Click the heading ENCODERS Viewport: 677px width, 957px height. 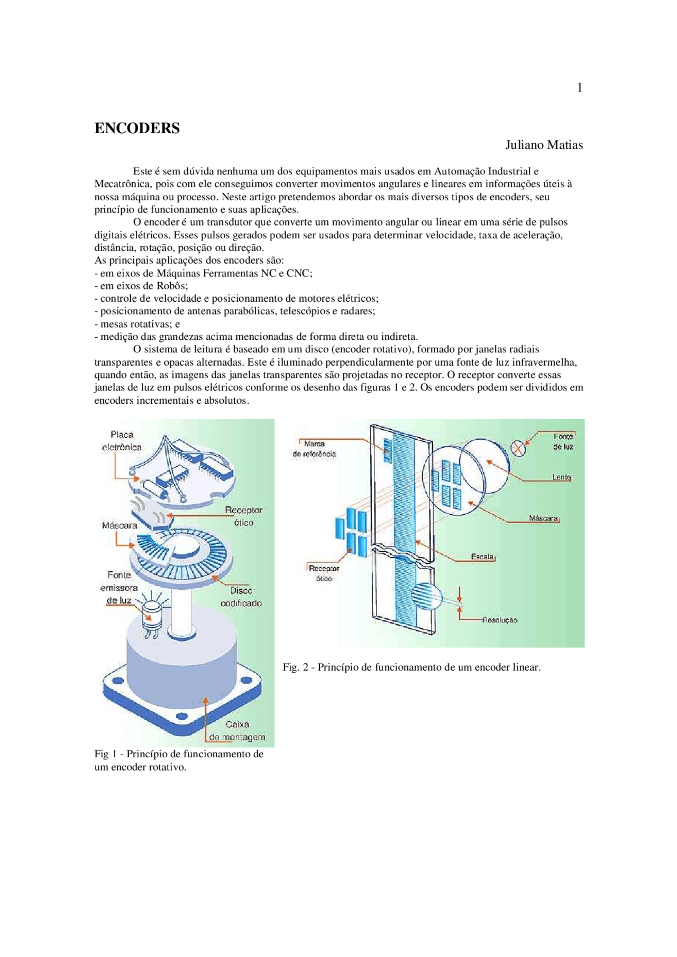(x=137, y=128)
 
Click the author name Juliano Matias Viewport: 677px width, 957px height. (x=544, y=145)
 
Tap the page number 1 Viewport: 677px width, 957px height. (x=580, y=88)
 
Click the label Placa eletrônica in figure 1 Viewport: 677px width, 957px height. (x=122, y=441)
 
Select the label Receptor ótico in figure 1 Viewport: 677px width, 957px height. (x=243, y=516)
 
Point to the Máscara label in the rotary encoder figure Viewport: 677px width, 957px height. (x=120, y=525)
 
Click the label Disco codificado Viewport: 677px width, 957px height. (x=241, y=597)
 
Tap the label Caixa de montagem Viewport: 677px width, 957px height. (x=237, y=731)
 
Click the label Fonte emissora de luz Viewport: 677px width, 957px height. (x=119, y=587)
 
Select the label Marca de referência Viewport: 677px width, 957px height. (x=314, y=449)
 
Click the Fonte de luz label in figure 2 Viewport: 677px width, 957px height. (x=563, y=441)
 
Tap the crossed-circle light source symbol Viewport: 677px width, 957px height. (x=518, y=449)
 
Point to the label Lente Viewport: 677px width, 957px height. (x=561, y=477)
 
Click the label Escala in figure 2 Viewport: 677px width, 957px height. (x=482, y=556)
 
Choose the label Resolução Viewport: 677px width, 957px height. (x=499, y=620)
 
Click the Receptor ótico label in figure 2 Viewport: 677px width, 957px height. (x=324, y=573)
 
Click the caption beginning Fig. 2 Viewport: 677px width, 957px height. (x=411, y=667)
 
